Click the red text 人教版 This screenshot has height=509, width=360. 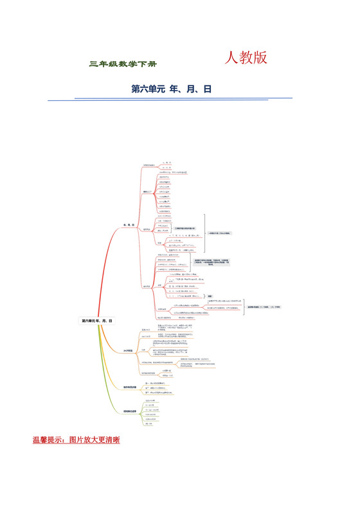tap(246, 58)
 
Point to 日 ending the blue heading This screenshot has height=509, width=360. tap(207, 89)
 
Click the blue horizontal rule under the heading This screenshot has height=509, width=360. tap(183, 98)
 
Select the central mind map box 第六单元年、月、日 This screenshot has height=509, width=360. tap(96, 320)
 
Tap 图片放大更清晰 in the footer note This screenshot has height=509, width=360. tap(96, 440)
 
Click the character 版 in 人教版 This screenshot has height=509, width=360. tap(260, 58)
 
